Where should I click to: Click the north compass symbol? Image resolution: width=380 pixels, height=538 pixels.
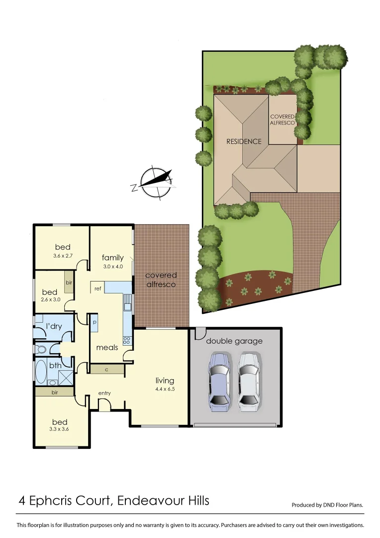tap(154, 183)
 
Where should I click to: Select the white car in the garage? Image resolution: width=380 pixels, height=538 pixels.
tap(248, 382)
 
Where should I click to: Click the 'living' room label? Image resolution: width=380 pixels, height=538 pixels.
tap(165, 381)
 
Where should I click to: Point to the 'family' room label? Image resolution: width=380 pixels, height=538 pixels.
tap(112, 258)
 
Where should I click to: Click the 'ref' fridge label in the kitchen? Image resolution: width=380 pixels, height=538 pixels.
tap(98, 288)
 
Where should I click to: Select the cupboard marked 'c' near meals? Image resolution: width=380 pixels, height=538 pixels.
tap(107, 369)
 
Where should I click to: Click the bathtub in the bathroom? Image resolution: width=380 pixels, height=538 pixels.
tap(41, 372)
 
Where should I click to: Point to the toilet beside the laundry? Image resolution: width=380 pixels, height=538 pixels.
tap(41, 349)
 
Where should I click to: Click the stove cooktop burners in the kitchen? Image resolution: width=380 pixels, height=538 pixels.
tap(126, 341)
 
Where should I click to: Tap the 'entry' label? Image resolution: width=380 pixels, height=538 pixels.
tap(104, 394)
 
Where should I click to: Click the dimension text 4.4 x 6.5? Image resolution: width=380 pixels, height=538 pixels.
tap(165, 389)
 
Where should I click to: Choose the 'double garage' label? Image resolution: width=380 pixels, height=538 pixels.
tap(234, 341)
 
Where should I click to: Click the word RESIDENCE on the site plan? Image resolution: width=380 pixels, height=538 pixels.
tap(244, 141)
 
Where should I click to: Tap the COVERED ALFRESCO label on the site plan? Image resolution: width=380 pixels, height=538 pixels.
tap(283, 120)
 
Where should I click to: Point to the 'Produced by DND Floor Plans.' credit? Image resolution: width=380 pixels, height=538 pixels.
tap(327, 505)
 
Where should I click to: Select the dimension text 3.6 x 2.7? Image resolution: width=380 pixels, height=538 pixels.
tap(63, 256)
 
